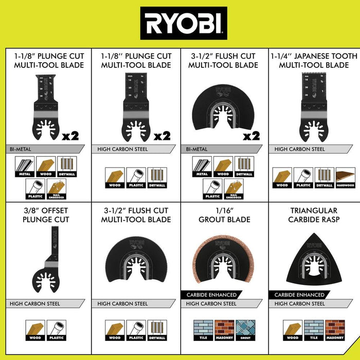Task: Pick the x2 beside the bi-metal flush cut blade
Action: click(251, 136)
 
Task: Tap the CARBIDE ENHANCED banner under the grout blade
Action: click(209, 295)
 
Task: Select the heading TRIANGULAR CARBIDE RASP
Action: click(314, 215)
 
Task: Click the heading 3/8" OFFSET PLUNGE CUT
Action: click(46, 215)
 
